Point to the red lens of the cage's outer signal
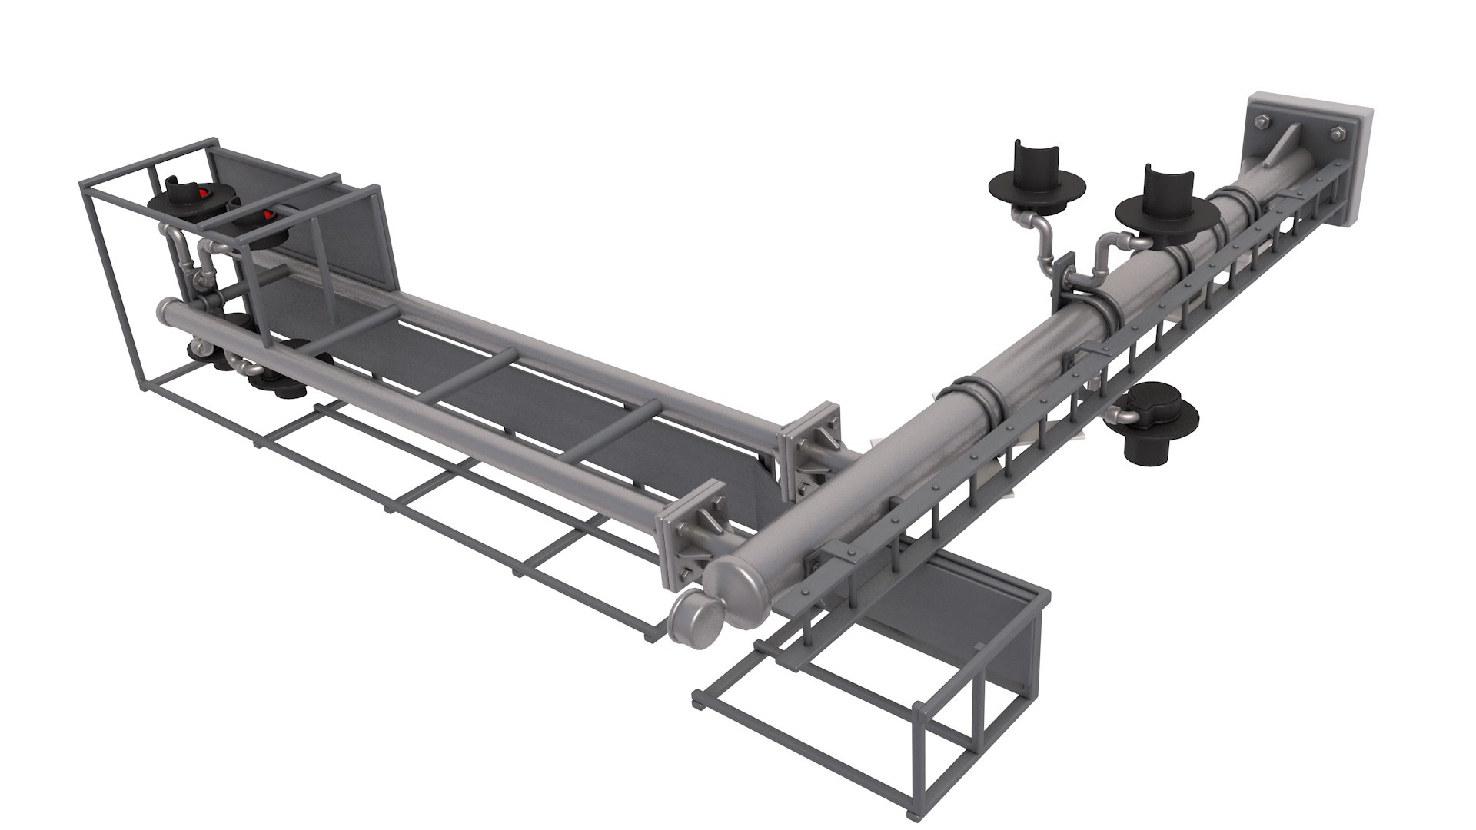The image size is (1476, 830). (x=202, y=192)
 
